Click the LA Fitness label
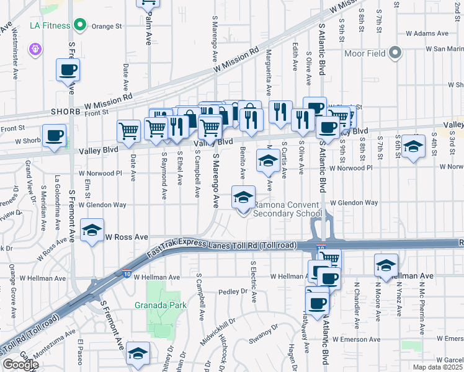click(50, 27)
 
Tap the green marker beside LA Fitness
click(79, 26)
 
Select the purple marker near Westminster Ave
click(33, 48)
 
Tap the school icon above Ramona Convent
click(243, 198)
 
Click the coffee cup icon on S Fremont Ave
click(68, 71)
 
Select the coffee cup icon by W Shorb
click(55, 135)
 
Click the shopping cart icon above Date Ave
click(128, 131)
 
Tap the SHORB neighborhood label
click(66, 112)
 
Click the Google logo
click(20, 364)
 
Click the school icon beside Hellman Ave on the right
click(386, 265)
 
